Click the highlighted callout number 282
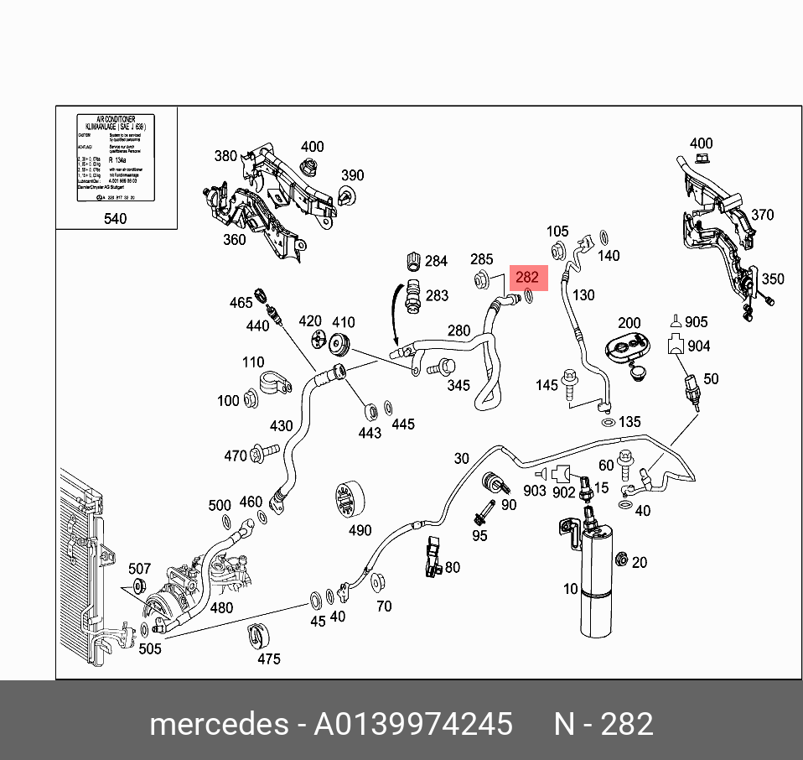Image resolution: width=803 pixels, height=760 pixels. click(x=528, y=278)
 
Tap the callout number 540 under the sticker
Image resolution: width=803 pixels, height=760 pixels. click(x=115, y=219)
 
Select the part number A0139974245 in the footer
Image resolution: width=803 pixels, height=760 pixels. click(x=412, y=723)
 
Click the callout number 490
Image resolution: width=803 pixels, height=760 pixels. click(x=359, y=530)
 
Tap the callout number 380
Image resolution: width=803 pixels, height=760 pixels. click(x=225, y=156)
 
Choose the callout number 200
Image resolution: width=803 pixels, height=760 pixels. click(x=629, y=323)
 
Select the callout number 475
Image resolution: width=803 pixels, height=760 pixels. click(x=268, y=658)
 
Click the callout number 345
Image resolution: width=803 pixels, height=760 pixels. click(x=458, y=386)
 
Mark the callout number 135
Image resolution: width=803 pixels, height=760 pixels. click(x=629, y=422)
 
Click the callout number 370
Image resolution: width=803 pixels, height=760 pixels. click(x=762, y=216)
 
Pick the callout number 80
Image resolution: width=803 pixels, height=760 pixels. click(x=453, y=567)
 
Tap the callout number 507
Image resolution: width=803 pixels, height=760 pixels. click(x=139, y=570)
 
